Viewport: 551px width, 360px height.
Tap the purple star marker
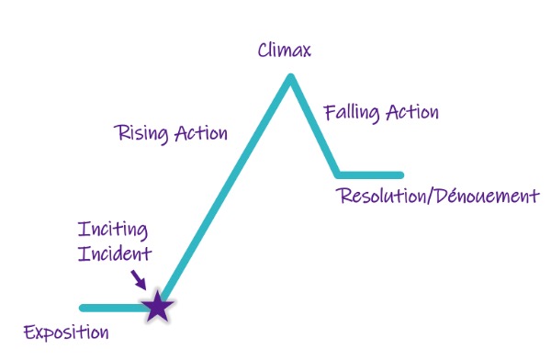pyautogui.click(x=159, y=306)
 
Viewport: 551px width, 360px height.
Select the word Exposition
pyautogui.click(x=66, y=332)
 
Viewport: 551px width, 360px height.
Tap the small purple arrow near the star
pyautogui.click(x=138, y=277)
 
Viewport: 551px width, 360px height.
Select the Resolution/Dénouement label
pyautogui.click(x=437, y=196)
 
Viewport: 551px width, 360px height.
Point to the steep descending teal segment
pyautogui.click(x=314, y=127)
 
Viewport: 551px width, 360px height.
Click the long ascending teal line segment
pyautogui.click(x=225, y=193)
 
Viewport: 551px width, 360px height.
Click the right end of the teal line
pyautogui.click(x=400, y=174)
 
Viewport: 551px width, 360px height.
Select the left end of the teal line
pyautogui.click(x=83, y=308)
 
